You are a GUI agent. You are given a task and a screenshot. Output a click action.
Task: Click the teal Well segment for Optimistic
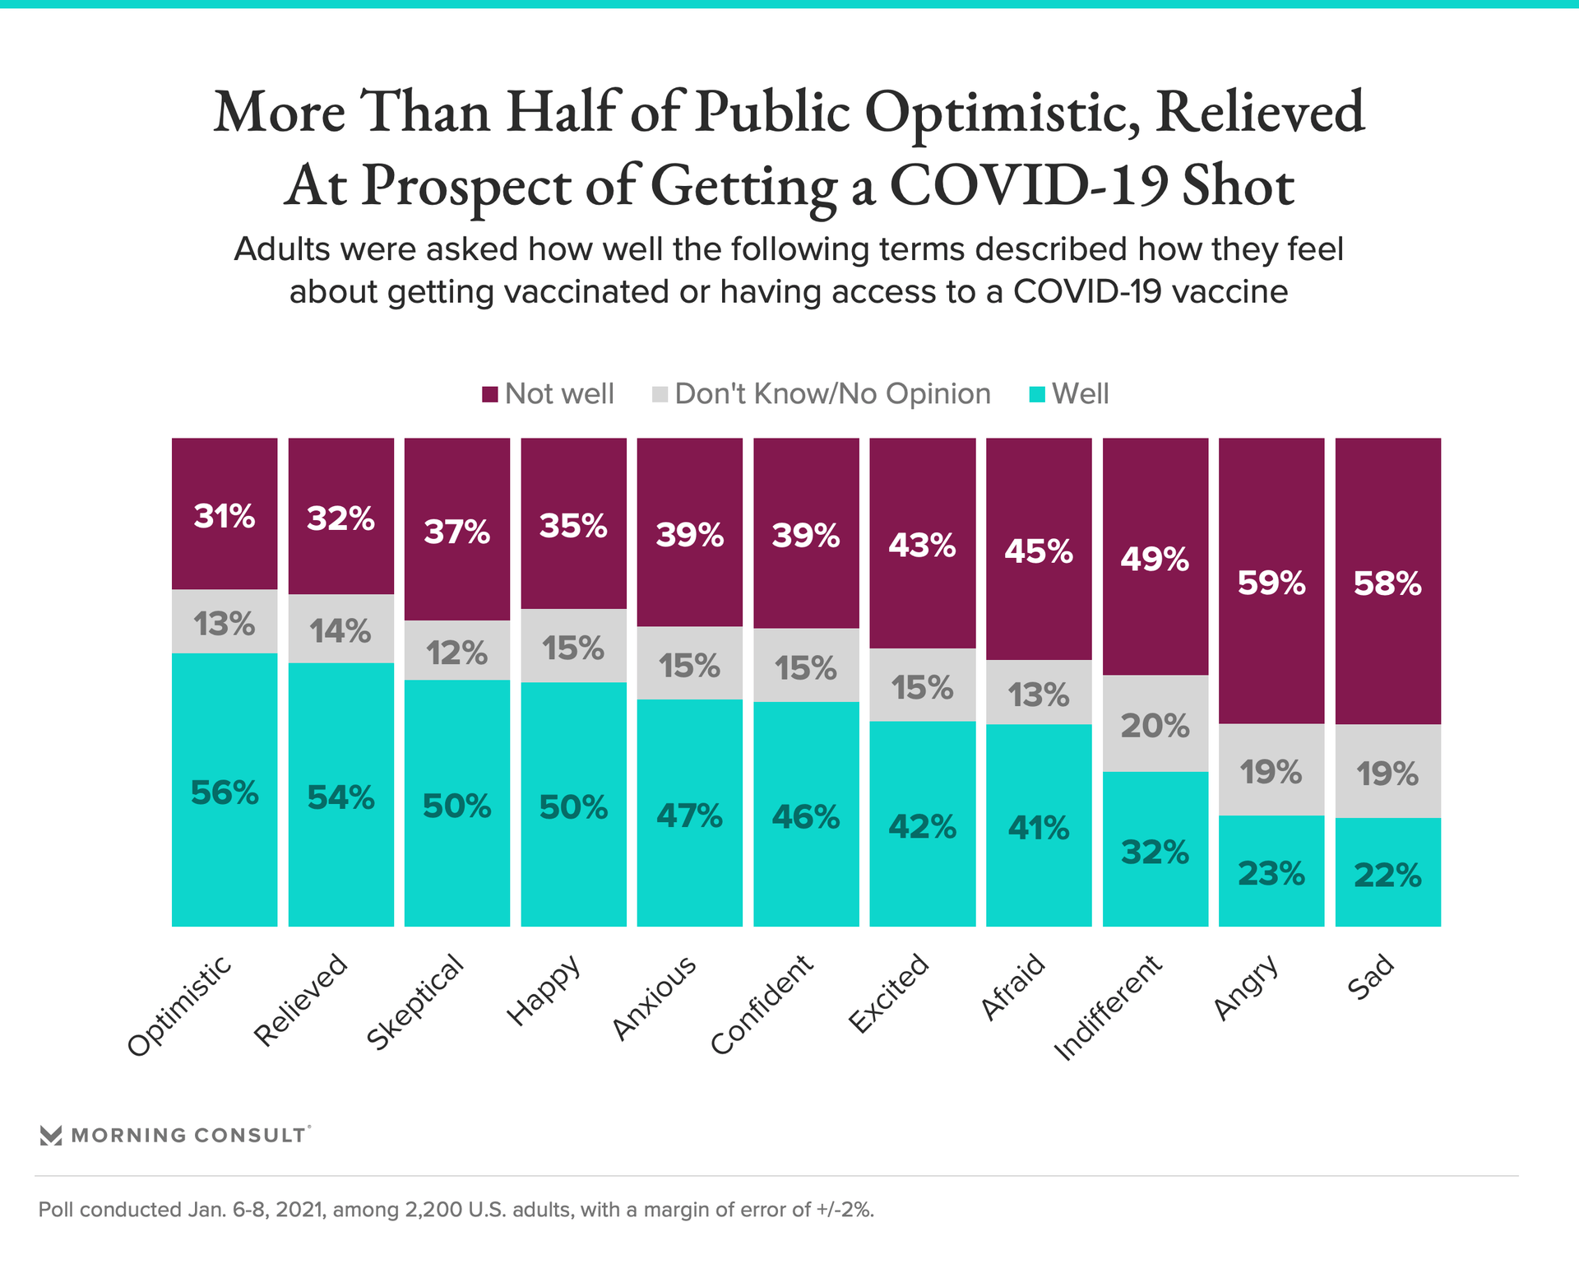point(225,790)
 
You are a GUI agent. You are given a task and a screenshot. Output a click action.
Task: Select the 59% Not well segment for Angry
point(1271,581)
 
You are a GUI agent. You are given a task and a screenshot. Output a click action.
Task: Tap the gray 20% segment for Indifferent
point(1155,723)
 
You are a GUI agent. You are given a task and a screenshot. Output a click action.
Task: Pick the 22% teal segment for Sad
point(1387,871)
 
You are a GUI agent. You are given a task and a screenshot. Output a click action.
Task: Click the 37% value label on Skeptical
point(457,532)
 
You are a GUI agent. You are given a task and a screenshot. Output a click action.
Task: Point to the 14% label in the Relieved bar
point(340,631)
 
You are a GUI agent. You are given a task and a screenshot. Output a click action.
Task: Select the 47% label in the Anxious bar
point(689,816)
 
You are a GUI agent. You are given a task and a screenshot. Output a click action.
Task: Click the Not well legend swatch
point(490,395)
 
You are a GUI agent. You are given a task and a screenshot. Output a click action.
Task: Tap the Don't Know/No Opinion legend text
point(832,394)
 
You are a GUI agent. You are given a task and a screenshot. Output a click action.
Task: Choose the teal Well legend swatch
point(1037,395)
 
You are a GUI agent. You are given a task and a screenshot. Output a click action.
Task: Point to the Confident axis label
point(762,1005)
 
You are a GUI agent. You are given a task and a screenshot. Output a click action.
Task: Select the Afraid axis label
point(1013,987)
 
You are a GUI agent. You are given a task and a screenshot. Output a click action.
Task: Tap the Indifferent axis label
point(1108,1008)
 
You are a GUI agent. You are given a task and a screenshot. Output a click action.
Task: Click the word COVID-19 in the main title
point(1029,185)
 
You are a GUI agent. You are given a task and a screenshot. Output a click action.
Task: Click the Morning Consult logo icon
point(51,1136)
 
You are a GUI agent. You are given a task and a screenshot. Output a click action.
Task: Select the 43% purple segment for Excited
point(923,544)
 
